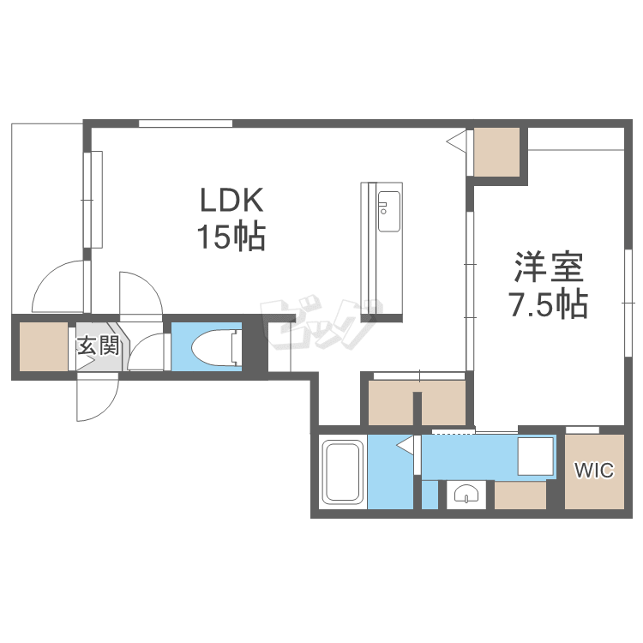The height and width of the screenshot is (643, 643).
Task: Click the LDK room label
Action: tap(231, 200)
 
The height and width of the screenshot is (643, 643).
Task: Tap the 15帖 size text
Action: tap(231, 237)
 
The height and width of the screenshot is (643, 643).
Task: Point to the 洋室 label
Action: tap(550, 267)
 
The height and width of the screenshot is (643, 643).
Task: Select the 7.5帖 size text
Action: tap(549, 303)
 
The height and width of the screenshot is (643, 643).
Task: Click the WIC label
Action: tap(594, 470)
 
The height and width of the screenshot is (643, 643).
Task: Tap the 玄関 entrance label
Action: tap(99, 346)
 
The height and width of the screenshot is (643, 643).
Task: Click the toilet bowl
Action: tap(214, 347)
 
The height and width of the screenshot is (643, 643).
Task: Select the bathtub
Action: tap(343, 472)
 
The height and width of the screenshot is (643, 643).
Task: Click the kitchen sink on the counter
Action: tap(388, 211)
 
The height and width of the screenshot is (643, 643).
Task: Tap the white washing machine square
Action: tap(535, 456)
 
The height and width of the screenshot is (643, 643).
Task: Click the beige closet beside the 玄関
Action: tap(44, 347)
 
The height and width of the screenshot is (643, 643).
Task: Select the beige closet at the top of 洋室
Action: tap(496, 152)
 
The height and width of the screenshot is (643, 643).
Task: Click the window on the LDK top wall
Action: tap(185, 123)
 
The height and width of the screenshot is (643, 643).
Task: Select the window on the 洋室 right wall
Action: tap(628, 303)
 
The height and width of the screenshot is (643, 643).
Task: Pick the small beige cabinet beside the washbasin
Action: tap(520, 495)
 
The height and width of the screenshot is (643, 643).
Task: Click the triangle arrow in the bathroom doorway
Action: tap(406, 445)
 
